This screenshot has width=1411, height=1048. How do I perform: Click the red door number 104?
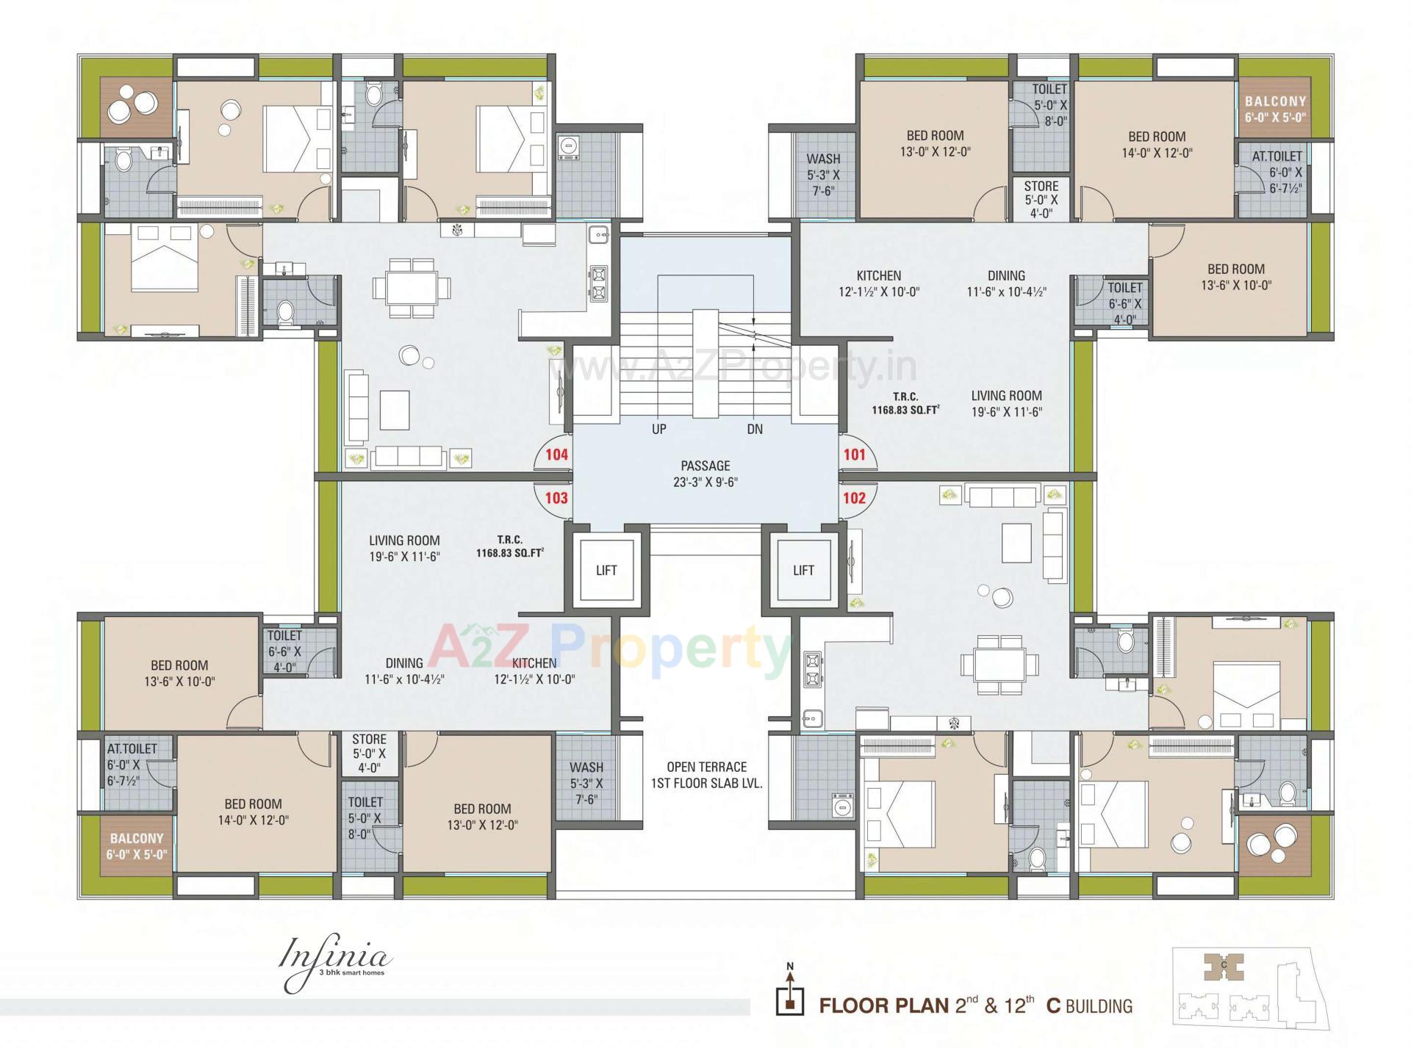(556, 455)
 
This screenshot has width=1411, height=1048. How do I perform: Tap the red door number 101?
(855, 455)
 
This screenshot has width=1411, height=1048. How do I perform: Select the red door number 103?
(556, 498)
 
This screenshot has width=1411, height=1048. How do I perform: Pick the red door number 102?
(855, 498)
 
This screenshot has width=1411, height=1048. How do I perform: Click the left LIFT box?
(606, 570)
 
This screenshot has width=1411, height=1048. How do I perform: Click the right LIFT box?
(803, 570)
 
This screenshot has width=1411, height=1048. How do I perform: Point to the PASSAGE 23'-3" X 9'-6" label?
(705, 474)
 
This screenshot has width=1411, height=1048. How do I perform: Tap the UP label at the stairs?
(659, 429)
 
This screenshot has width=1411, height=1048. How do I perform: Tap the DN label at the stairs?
(755, 429)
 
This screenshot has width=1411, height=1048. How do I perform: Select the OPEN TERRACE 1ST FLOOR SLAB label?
(706, 775)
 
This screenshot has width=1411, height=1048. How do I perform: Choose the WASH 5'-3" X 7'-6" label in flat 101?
(823, 175)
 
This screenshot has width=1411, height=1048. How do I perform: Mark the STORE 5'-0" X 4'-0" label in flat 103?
(369, 753)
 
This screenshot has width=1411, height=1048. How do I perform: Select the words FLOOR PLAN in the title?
(884, 1005)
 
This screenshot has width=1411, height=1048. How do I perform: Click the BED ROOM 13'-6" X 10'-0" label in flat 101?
(1236, 277)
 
